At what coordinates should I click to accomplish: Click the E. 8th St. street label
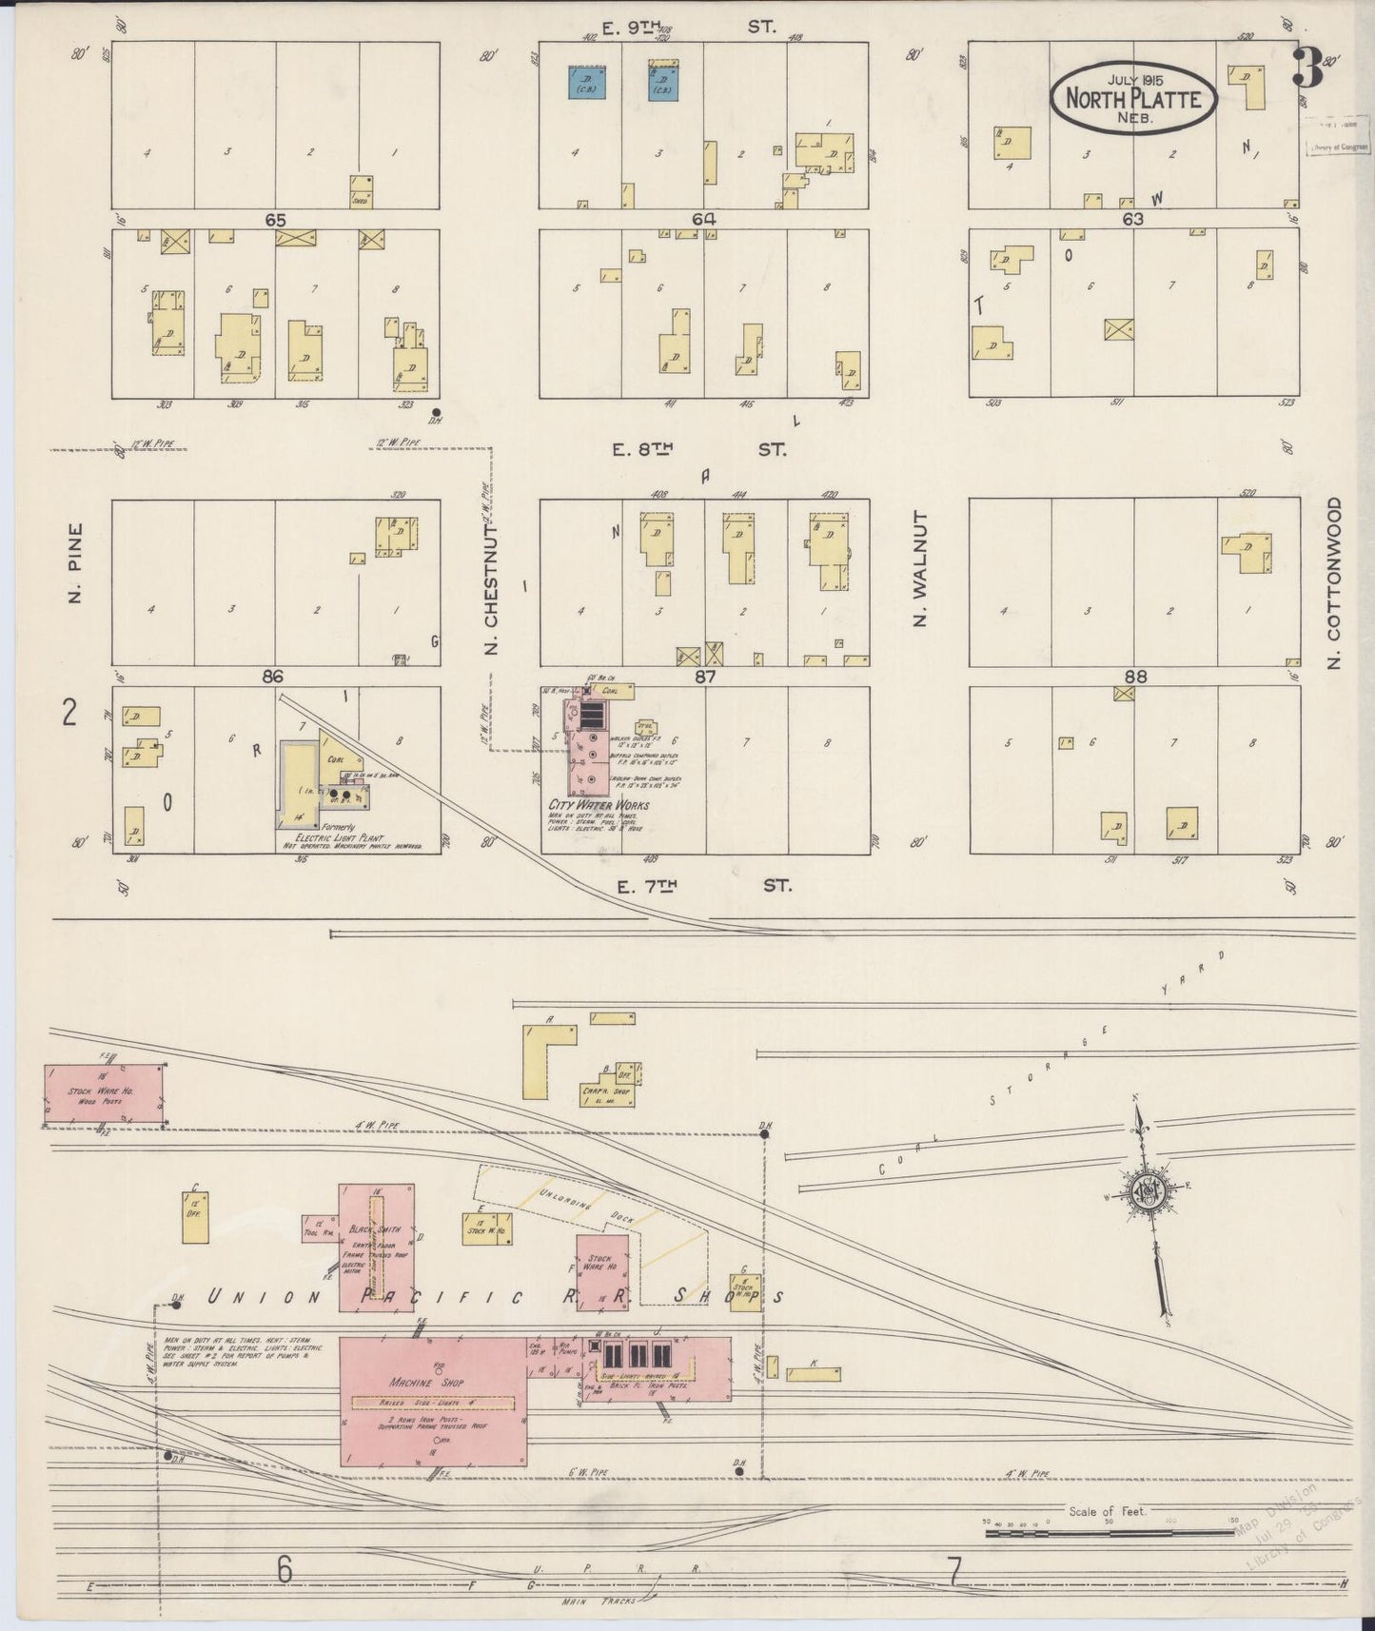698,449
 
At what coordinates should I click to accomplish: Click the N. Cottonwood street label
1333,582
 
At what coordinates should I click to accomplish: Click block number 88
1134,677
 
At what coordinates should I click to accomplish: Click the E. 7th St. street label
702,886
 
